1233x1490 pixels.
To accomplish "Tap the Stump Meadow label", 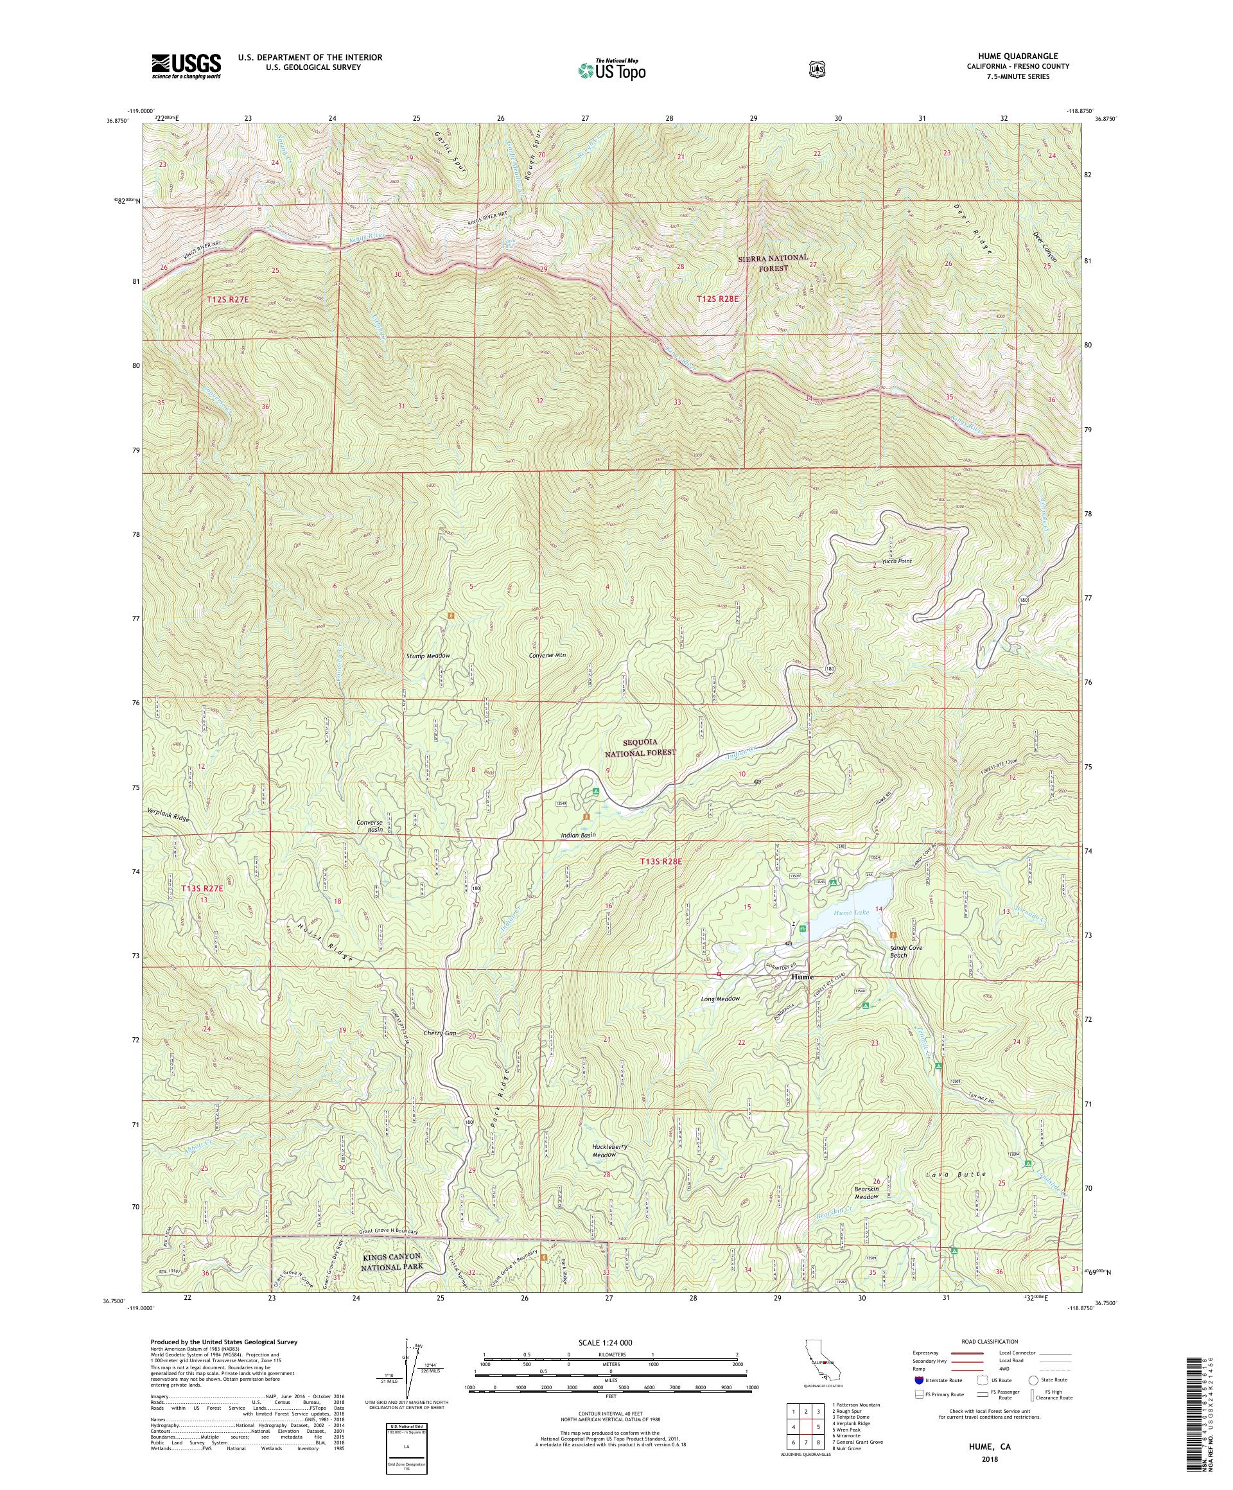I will click(x=428, y=656).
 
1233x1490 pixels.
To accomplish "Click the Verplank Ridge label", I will click(x=168, y=818).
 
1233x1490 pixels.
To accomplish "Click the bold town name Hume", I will click(x=802, y=977).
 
